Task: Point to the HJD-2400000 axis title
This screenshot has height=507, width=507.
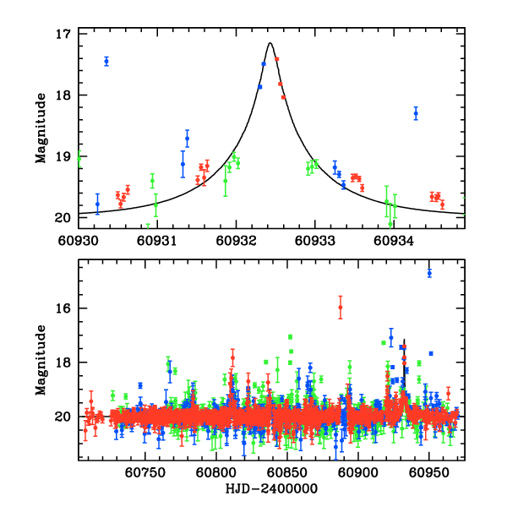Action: pyautogui.click(x=271, y=489)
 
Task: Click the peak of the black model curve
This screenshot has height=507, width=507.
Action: pyautogui.click(x=270, y=43)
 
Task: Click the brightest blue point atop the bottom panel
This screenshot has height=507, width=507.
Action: pyautogui.click(x=429, y=273)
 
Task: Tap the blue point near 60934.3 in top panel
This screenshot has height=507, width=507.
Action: pyautogui.click(x=416, y=113)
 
